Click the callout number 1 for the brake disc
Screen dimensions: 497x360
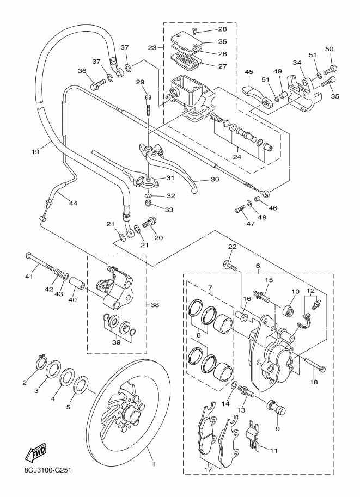[154, 464]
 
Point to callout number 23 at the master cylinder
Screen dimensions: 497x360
[154, 47]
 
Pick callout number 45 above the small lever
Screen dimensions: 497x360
[249, 71]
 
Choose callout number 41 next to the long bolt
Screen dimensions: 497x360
[29, 277]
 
